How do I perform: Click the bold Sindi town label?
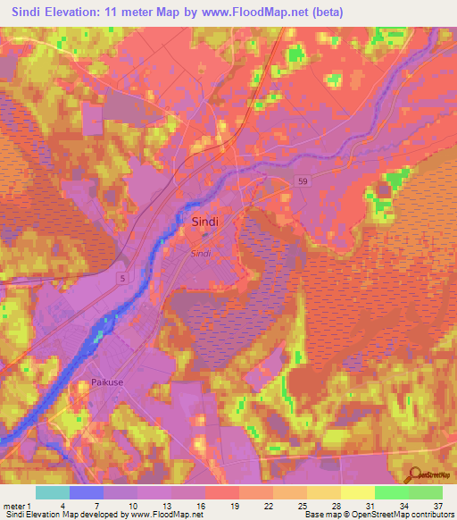coord(205,221)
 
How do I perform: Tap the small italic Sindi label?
coord(201,253)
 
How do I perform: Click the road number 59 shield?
coord(303,182)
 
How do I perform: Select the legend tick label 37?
coord(437,505)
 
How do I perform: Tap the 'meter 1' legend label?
coord(18,505)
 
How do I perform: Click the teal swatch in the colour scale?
coord(53,492)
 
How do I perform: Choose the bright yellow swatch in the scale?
coord(357,492)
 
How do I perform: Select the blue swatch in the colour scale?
coord(87,492)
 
